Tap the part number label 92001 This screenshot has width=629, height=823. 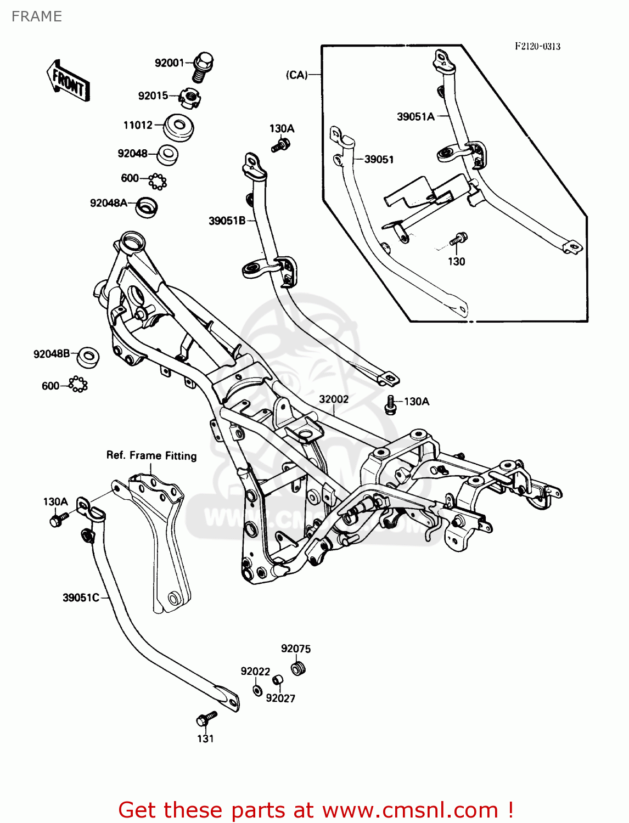[169, 63]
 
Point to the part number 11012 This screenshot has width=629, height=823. [138, 125]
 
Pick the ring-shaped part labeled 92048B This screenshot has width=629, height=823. [88, 357]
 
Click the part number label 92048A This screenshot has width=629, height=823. [109, 203]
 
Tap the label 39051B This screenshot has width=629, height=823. [227, 221]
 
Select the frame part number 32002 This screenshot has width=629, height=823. [334, 399]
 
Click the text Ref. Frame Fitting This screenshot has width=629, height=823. [151, 455]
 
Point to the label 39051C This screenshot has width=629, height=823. [81, 597]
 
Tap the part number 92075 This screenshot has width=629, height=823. [296, 649]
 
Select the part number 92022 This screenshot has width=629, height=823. [255, 671]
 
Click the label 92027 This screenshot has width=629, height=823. [280, 698]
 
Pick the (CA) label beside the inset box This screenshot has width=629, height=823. [297, 75]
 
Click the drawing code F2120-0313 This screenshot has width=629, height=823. [537, 47]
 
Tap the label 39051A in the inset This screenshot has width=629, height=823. [415, 116]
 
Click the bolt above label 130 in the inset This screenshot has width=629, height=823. [458, 239]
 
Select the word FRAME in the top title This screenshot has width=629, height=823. [37, 16]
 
